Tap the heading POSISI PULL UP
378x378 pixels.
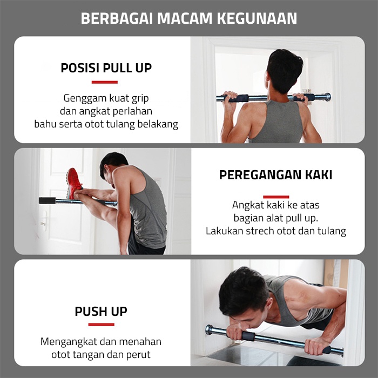[x=106, y=68]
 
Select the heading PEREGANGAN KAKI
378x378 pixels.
[x=275, y=175]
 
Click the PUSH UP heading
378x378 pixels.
[x=101, y=312]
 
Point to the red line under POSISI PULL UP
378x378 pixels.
[x=104, y=82]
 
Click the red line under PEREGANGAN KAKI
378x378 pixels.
[x=276, y=197]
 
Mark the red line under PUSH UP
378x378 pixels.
[x=101, y=325]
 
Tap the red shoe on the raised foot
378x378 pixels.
[x=74, y=182]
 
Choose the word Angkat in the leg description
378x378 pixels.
[x=247, y=205]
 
